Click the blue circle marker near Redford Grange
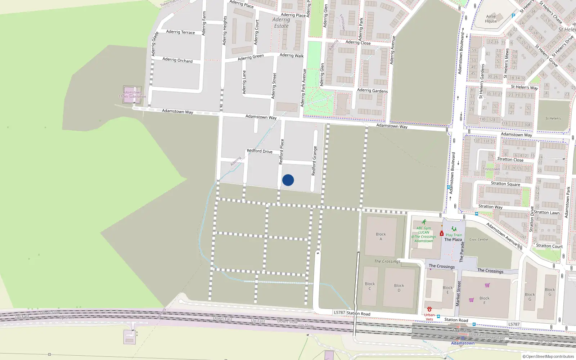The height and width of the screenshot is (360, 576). (288, 180)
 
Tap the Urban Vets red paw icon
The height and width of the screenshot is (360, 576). (429, 309)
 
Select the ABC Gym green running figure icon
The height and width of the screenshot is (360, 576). (424, 222)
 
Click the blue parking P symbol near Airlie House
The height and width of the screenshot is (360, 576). (513, 16)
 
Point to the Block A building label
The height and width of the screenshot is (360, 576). (381, 237)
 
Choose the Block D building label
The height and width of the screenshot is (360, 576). (399, 288)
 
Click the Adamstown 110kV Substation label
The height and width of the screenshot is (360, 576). (132, 95)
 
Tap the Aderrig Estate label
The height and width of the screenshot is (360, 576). (281, 23)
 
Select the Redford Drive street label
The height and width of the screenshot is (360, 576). (260, 151)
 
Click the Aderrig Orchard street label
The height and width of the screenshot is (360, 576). (177, 60)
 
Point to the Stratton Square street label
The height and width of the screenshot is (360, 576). (505, 184)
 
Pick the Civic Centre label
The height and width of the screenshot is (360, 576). (479, 239)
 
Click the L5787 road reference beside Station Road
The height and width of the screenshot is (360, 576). (339, 312)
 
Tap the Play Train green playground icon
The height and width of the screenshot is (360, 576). (454, 229)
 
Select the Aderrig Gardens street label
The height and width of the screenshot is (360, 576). (372, 91)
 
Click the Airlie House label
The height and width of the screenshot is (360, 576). (491, 19)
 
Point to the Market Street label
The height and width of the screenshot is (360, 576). (458, 293)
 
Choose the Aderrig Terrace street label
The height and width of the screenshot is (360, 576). (180, 32)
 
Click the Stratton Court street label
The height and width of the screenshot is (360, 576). (549, 246)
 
